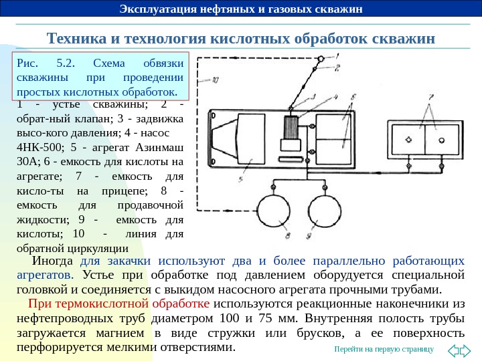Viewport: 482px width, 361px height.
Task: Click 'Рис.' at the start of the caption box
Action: pos(26,64)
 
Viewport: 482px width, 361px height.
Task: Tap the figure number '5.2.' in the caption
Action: pos(65,64)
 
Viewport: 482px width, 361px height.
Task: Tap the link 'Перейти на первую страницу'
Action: pos(384,349)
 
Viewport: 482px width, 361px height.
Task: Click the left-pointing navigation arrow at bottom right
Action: pos(453,349)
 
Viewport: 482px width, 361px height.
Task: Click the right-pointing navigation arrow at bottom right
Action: pos(469,349)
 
